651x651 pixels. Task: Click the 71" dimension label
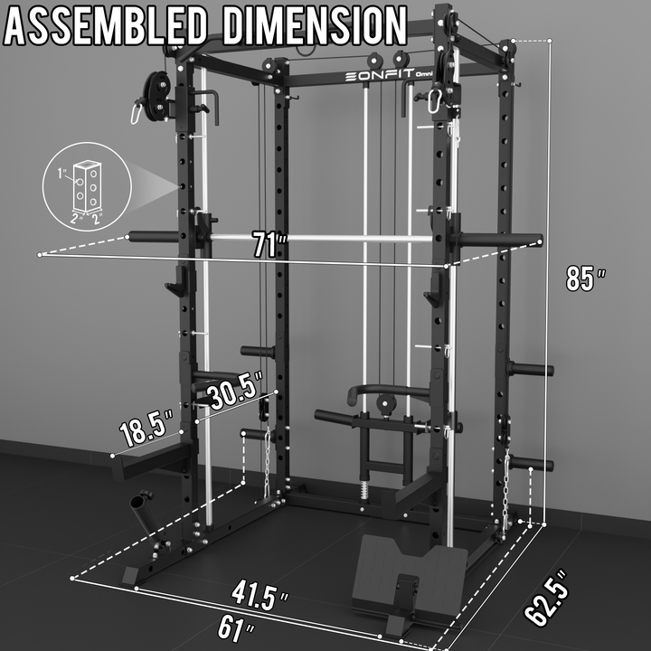click(270, 244)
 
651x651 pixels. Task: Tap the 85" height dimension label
click(586, 278)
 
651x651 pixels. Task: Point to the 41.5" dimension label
click(259, 596)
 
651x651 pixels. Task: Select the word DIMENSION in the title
click(315, 25)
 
